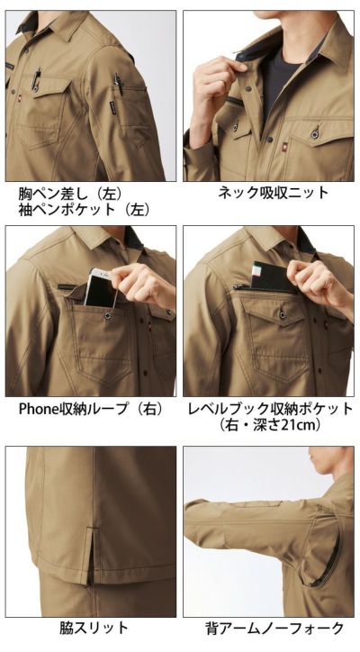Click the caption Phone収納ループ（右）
pos(91,409)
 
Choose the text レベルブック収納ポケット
pos(270,409)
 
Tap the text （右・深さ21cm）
pos(270,425)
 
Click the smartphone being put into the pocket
pos(100,287)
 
